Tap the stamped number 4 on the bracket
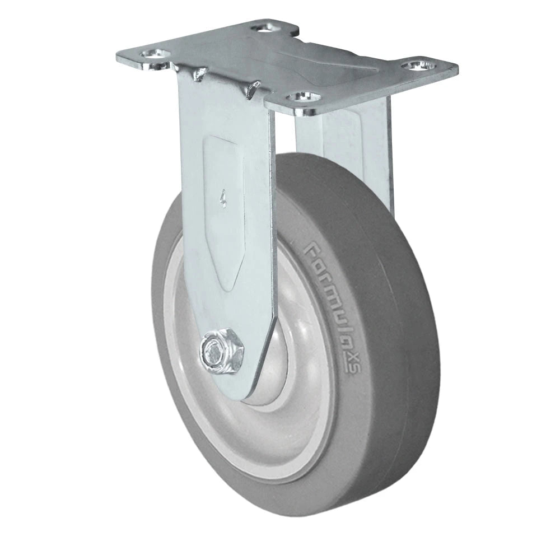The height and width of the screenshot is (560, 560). (223, 198)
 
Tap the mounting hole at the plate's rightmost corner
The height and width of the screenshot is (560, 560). (420, 66)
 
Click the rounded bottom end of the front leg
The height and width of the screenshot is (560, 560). (244, 392)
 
